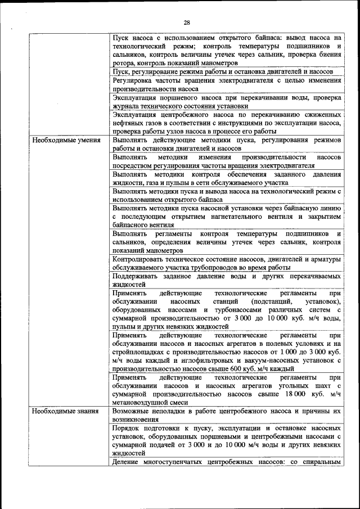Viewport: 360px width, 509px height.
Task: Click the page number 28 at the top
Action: [187, 22]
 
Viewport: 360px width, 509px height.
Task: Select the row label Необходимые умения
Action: [66, 139]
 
